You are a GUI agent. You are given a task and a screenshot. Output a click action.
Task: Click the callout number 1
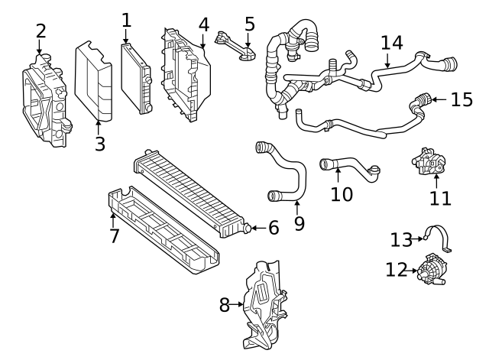coord(126,20)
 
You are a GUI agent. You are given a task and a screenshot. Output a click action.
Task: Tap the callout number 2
coord(40,31)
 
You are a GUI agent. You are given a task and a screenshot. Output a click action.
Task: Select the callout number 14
coord(392,42)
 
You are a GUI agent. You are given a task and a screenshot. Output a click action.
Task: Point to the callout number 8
coord(224,305)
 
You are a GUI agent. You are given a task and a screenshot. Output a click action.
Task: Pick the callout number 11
coord(440,198)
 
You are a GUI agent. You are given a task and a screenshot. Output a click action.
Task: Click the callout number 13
coord(400,240)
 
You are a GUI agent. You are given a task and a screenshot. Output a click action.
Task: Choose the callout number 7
coord(114,235)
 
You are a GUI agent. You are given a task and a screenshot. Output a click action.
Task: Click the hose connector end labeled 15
coord(419,100)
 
